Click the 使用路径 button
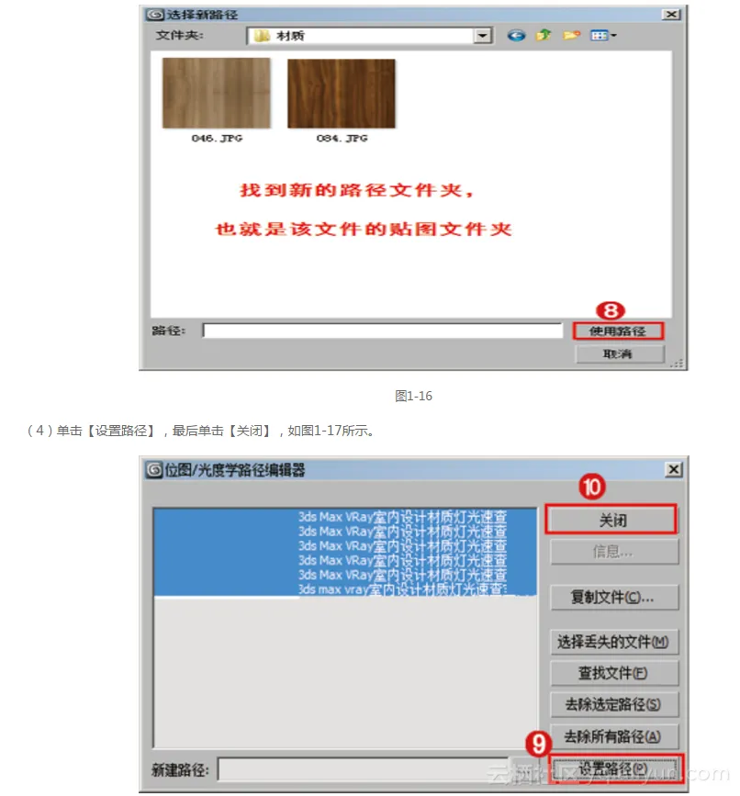click(618, 331)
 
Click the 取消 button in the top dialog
click(618, 353)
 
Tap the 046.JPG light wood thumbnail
click(216, 93)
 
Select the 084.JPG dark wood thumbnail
click(342, 93)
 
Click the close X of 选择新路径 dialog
click(672, 14)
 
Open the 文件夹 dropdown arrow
click(483, 36)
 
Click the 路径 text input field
click(382, 331)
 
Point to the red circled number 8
click(611, 310)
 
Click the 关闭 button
click(611, 520)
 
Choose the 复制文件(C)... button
click(612, 598)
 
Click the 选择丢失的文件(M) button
click(612, 642)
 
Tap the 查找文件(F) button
click(612, 673)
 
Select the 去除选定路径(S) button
click(612, 704)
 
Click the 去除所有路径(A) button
click(612, 735)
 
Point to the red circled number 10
click(592, 488)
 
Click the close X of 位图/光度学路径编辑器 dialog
click(674, 470)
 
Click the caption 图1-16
click(413, 397)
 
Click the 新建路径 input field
click(363, 769)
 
